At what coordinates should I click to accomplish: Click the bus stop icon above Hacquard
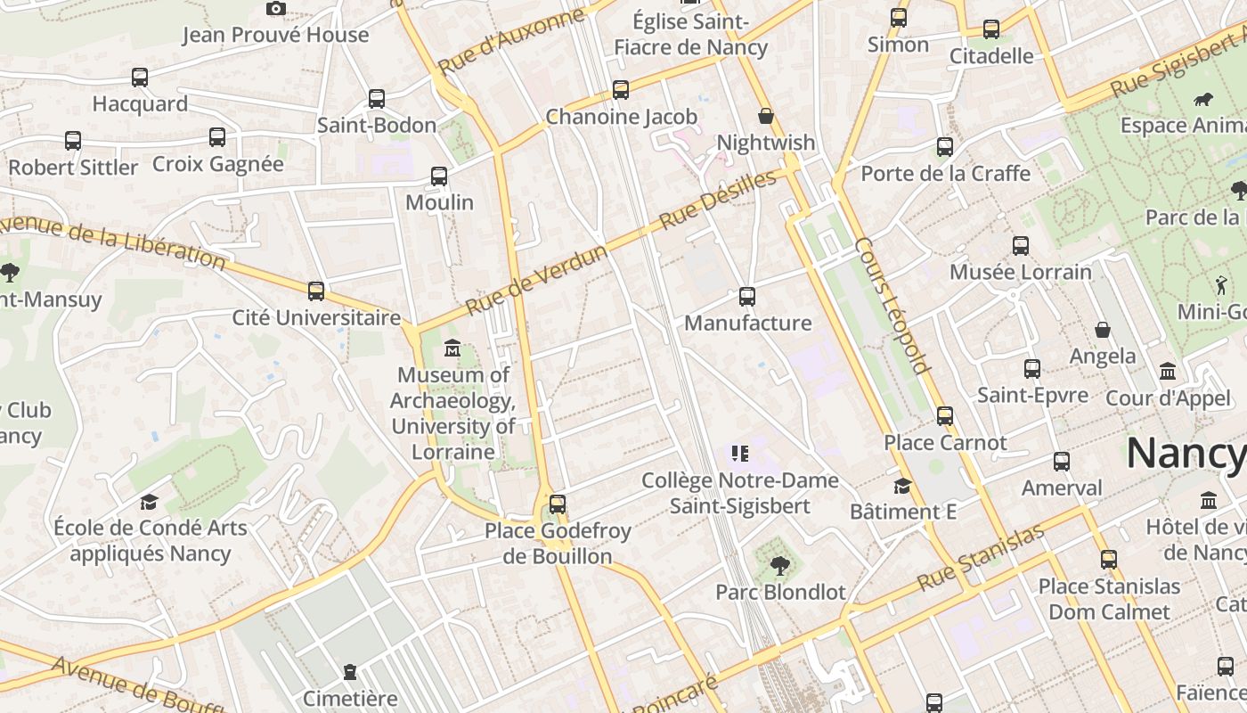click(x=140, y=78)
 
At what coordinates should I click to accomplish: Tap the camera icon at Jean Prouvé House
click(x=276, y=9)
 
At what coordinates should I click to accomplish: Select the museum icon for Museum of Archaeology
click(x=452, y=348)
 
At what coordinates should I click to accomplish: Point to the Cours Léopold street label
click(x=892, y=305)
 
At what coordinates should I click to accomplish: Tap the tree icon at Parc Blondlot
click(x=779, y=565)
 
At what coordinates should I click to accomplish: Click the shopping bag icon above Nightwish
click(x=765, y=116)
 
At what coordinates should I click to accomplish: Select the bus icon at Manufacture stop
click(x=747, y=297)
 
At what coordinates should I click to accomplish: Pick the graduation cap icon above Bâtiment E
click(x=902, y=486)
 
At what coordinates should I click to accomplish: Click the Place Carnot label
click(x=945, y=442)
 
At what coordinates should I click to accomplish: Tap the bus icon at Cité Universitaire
click(x=316, y=291)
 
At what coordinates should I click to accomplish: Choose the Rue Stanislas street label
click(x=980, y=558)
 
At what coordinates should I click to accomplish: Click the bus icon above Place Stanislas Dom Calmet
click(x=1108, y=560)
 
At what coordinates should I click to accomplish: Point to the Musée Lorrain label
click(x=1020, y=272)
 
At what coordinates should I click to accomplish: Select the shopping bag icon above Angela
click(x=1103, y=330)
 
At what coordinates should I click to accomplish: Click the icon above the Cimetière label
click(x=350, y=671)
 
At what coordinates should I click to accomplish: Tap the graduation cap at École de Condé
click(x=149, y=502)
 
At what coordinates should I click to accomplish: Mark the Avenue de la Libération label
click(x=111, y=241)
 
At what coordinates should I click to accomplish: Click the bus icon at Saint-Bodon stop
click(x=377, y=99)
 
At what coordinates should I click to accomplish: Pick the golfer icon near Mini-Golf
click(x=1220, y=285)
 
